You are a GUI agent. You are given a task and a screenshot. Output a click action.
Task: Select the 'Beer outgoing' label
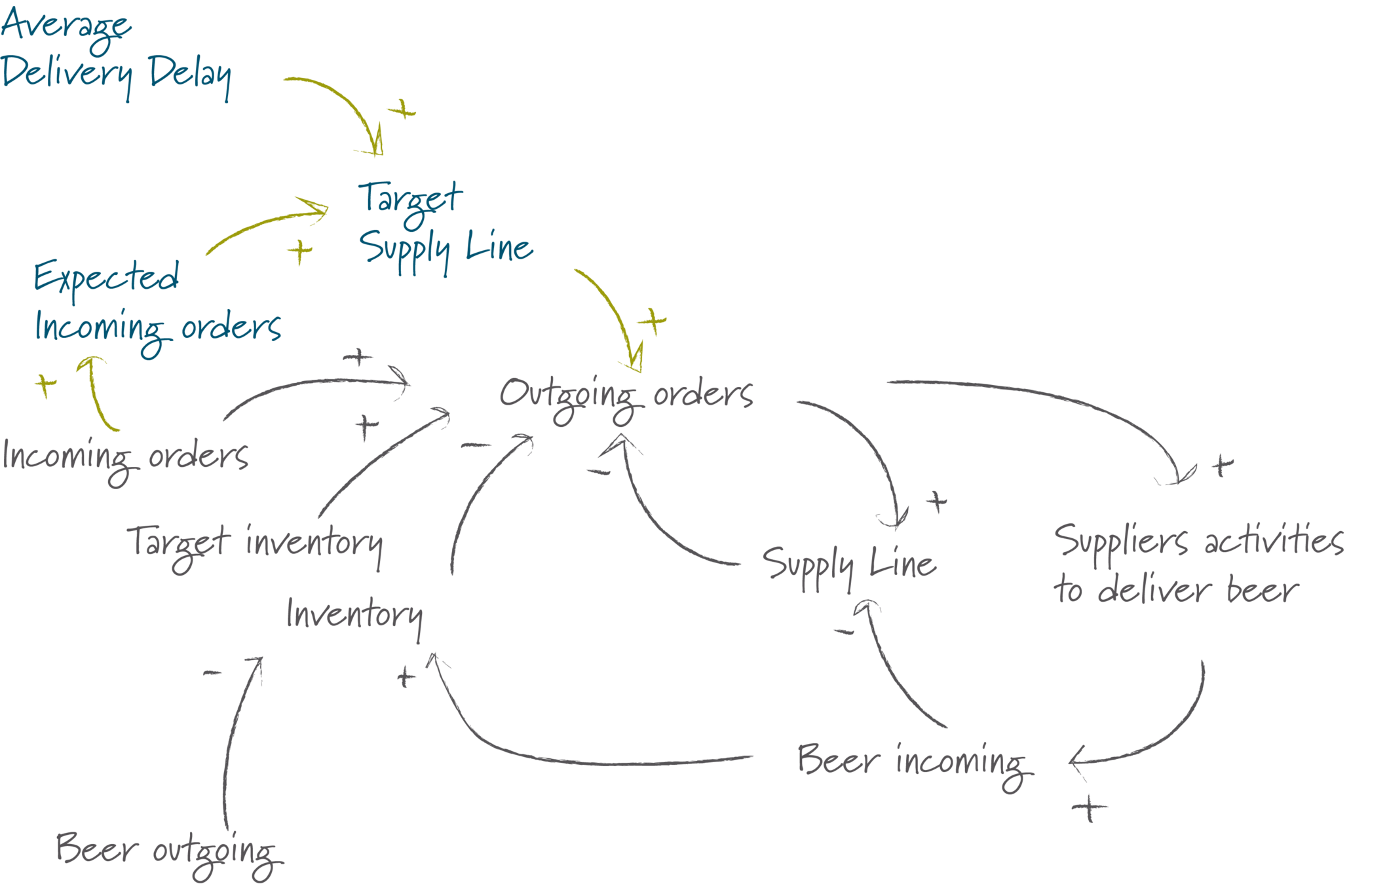pyautogui.click(x=167, y=851)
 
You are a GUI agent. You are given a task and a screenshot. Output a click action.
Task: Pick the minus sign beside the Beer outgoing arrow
pyautogui.click(x=213, y=672)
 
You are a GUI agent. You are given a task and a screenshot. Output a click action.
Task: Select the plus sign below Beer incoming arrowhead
pyautogui.click(x=1089, y=808)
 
